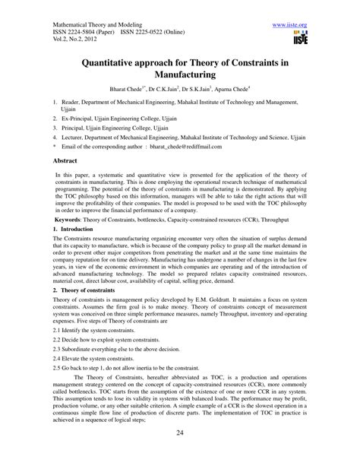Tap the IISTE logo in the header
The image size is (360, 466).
tap(302, 33)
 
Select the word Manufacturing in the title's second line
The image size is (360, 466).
tap(180, 77)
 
